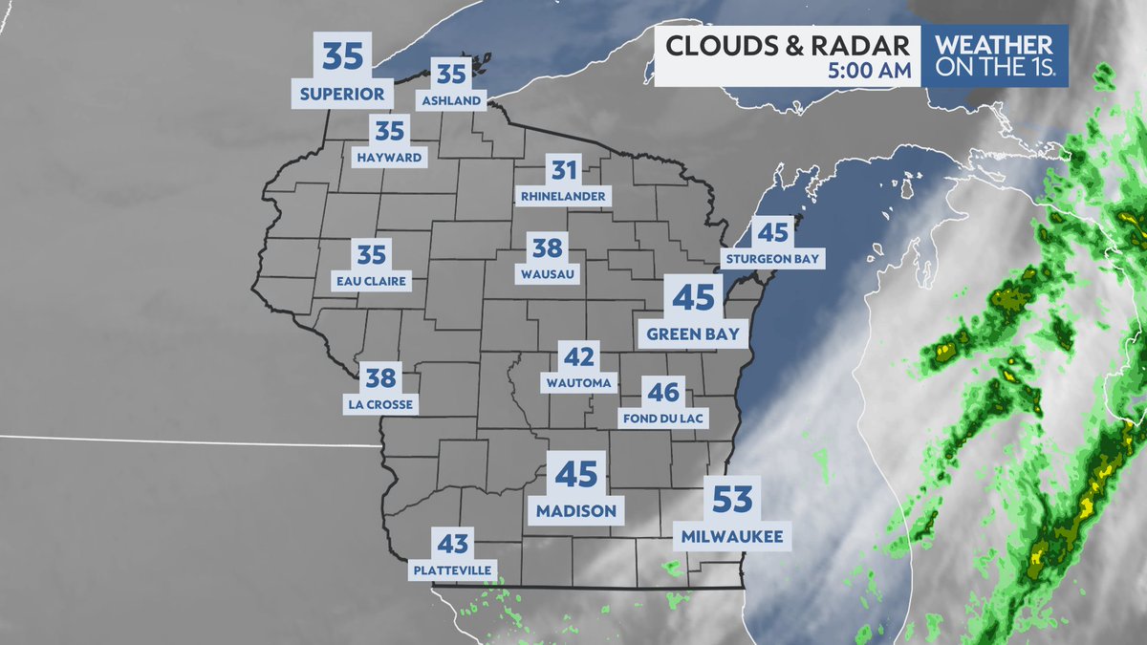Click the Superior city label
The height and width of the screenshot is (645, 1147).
342,95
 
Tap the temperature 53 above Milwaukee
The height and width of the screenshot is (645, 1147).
733,500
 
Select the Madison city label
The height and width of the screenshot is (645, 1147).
575,510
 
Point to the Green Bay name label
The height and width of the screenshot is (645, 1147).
693,333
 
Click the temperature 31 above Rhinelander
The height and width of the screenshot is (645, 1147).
564,172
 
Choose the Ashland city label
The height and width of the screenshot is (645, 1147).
451,99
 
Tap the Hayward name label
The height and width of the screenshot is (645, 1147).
389,157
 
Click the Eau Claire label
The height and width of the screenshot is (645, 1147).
372,281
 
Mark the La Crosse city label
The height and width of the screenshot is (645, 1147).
380,404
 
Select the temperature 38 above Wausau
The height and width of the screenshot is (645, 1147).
547,248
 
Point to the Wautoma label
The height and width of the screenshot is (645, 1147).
578,383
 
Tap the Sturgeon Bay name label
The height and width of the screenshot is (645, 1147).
772,258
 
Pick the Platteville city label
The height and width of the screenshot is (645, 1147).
453,570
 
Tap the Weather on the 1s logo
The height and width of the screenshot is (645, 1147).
994,55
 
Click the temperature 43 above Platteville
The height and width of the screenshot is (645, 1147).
453,545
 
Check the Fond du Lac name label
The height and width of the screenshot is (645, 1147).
662,418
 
